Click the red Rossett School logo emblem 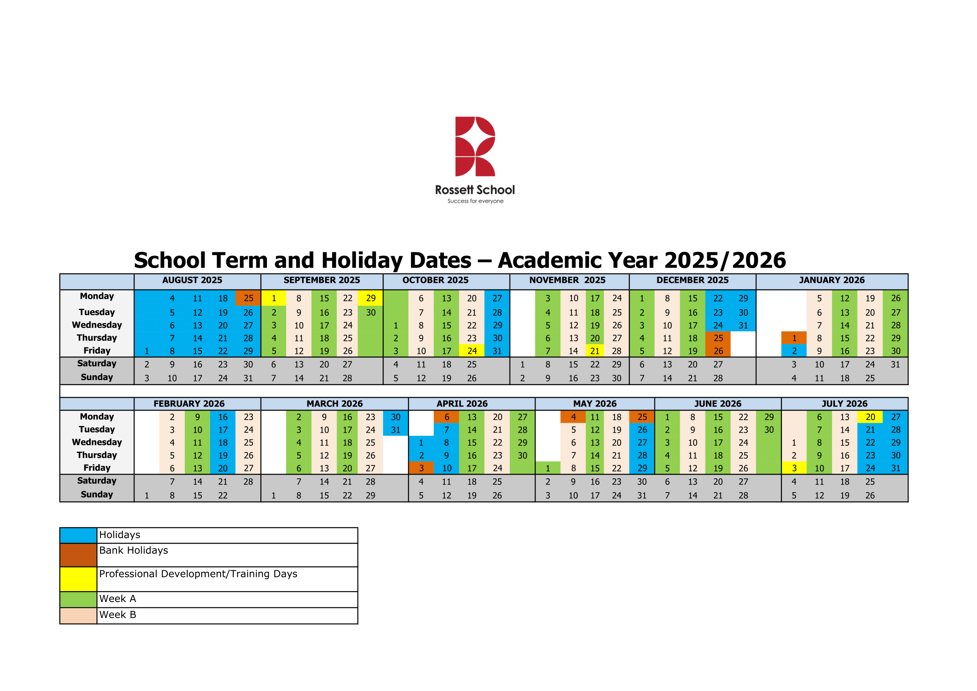(475, 146)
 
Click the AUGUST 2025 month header (192, 280)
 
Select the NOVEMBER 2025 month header (567, 280)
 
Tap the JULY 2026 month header (844, 404)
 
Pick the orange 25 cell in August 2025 (248, 298)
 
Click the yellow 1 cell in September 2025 (274, 298)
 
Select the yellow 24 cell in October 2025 (472, 351)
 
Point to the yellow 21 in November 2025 (595, 351)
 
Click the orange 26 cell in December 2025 (718, 351)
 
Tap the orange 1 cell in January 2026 (794, 338)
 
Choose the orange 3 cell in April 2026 (421, 468)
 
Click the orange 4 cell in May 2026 (573, 417)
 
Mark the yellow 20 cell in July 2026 (870, 417)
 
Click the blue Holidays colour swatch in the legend (78, 535)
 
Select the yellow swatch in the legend (78, 579)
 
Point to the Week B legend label (117, 615)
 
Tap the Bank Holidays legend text (134, 550)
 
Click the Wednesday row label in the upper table (97, 325)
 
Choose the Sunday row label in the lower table (97, 494)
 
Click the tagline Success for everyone (475, 201)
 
